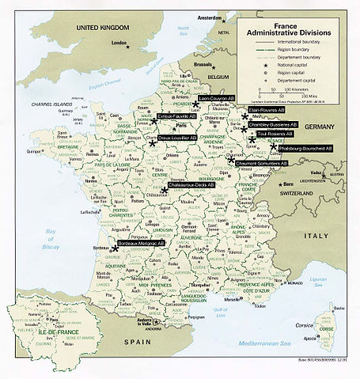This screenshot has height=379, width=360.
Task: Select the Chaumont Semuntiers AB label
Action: [x=262, y=163]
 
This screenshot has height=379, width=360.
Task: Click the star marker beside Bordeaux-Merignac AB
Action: [x=116, y=248]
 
